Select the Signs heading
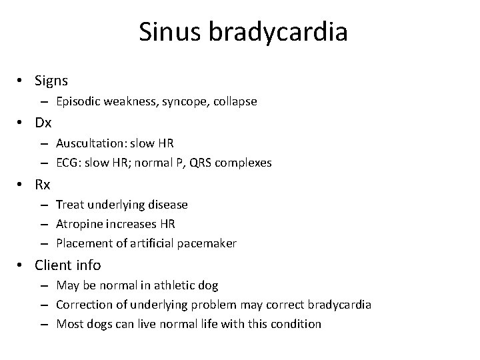pos(51,81)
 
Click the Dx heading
pos(43,123)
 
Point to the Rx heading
pos(43,184)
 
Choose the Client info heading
pos(68,265)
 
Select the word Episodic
pos(79,102)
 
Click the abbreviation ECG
pos(67,163)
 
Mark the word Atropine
pos(79,224)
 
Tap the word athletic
pos(176,285)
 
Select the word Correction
pos(83,305)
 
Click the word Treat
pos(70,204)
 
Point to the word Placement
pos(84,244)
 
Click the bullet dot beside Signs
pos(22,81)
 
